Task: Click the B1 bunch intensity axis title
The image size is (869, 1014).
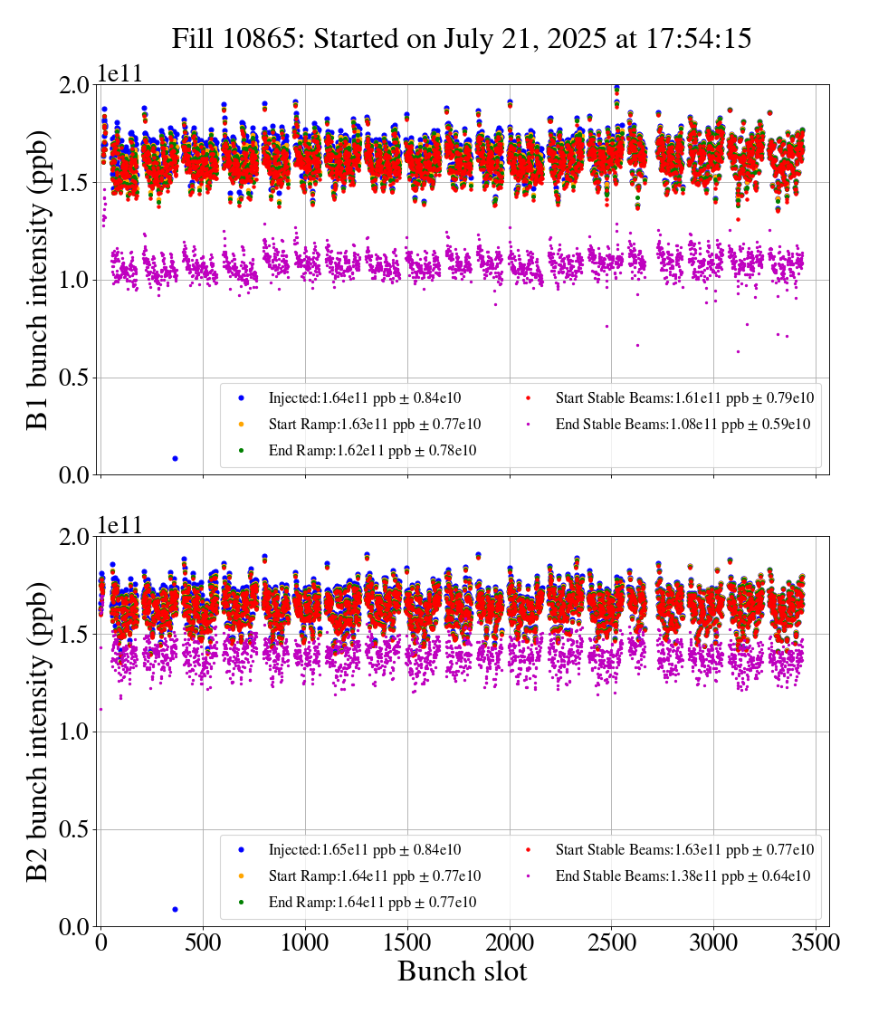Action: click(39, 279)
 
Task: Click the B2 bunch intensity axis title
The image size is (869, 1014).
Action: click(39, 732)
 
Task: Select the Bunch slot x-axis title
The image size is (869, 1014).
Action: click(462, 972)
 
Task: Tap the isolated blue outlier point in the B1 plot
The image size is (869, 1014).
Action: click(175, 458)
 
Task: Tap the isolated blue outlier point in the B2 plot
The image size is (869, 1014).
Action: click(175, 909)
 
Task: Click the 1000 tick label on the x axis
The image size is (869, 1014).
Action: click(305, 942)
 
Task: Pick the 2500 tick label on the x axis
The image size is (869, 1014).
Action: click(612, 942)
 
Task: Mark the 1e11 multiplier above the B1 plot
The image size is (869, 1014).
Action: click(120, 73)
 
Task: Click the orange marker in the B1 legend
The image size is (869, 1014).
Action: click(241, 424)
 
